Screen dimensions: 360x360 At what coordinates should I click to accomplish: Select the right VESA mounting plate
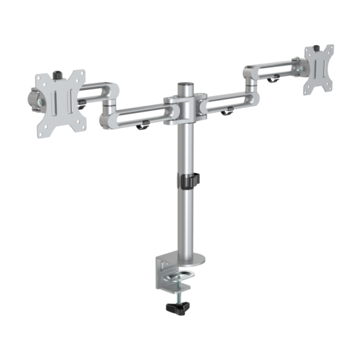319,70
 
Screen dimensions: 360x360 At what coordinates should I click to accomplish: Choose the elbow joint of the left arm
110,105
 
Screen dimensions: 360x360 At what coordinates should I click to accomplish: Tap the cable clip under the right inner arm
227,112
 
